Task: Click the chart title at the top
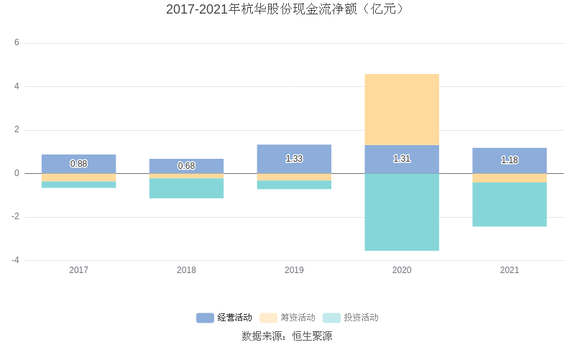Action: [x=287, y=9]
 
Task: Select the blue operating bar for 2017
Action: [x=78, y=159]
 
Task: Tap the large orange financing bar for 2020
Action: [x=402, y=109]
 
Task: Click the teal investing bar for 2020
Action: [x=402, y=212]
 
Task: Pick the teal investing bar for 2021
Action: [x=510, y=204]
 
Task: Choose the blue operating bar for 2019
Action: [x=294, y=152]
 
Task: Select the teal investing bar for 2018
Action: [x=186, y=188]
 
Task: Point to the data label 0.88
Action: [x=78, y=164]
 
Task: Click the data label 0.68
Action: [x=186, y=166]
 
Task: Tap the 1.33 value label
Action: [x=294, y=159]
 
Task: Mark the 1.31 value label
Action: [x=402, y=159]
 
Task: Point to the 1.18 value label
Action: [x=510, y=160]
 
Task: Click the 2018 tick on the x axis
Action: [x=186, y=270]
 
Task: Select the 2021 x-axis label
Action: [x=510, y=270]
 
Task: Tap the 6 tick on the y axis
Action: [x=17, y=43]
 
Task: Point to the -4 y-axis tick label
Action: [x=15, y=260]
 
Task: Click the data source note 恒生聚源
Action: [x=287, y=336]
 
